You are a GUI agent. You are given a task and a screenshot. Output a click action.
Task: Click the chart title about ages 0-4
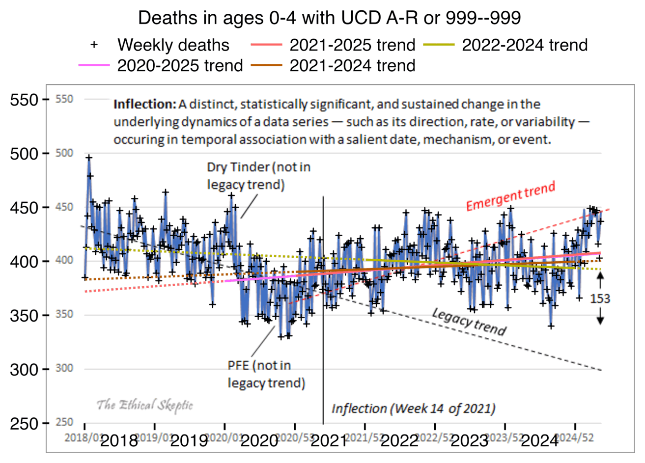[329, 18]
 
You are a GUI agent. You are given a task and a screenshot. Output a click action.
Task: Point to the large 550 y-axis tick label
[24, 100]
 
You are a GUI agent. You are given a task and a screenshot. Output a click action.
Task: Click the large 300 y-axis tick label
[24, 369]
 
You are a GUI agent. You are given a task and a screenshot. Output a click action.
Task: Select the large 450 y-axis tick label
[24, 208]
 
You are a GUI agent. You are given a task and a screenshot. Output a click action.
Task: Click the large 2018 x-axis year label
[119, 440]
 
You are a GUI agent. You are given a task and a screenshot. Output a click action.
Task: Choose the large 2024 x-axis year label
[539, 440]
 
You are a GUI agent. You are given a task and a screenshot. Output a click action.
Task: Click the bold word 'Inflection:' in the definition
[144, 105]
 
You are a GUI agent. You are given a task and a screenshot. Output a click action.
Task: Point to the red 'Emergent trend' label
[510, 195]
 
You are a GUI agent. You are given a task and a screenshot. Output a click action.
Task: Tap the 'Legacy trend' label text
[469, 322]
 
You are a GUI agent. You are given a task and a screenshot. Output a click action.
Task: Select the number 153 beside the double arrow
[600, 299]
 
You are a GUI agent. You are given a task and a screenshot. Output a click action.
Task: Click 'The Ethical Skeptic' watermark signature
[144, 405]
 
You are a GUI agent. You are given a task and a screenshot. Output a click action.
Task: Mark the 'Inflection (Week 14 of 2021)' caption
[413, 409]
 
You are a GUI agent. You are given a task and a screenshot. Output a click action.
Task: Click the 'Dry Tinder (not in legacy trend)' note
[258, 176]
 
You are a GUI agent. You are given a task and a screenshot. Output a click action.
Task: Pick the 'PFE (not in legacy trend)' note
[266, 374]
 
